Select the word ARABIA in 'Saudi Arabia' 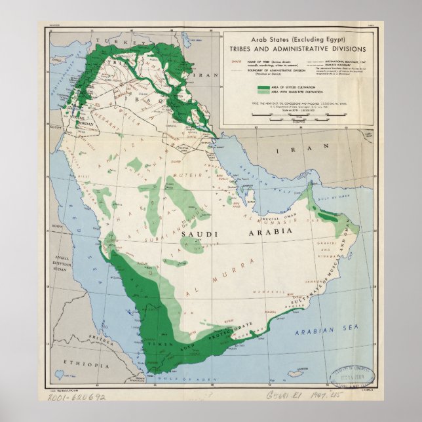262,233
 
